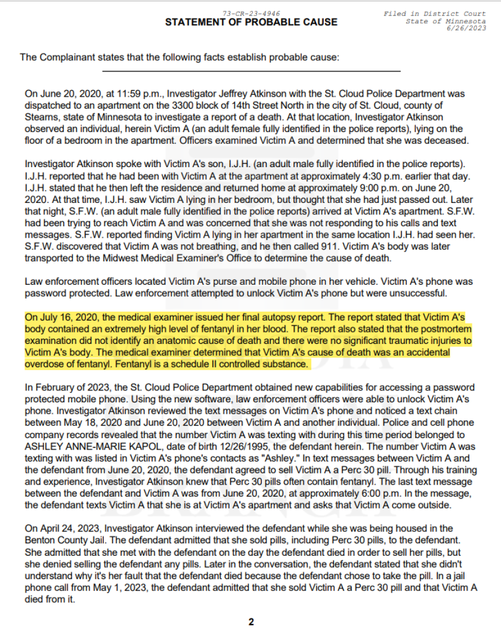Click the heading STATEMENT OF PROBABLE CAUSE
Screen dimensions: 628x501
250,23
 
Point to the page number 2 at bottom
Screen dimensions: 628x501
250,621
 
